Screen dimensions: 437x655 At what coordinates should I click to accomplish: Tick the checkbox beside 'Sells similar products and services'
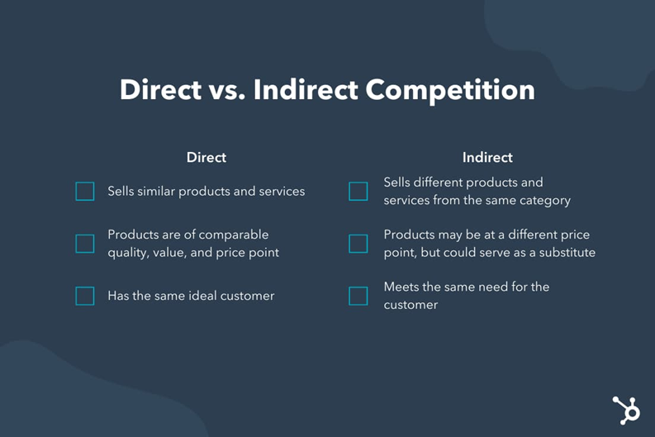[x=85, y=192]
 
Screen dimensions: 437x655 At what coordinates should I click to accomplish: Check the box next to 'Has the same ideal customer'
[x=85, y=296]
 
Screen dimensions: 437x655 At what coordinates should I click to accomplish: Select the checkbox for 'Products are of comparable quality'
[x=85, y=244]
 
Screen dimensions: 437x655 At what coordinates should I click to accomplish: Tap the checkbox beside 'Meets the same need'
[x=358, y=296]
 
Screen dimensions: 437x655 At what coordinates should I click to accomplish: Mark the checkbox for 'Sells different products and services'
[x=358, y=192]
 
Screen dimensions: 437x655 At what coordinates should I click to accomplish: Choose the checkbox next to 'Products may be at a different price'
[x=358, y=244]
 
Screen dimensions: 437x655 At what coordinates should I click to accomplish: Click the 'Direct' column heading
[x=206, y=157]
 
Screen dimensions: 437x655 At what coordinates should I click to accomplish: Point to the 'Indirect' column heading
[x=487, y=157]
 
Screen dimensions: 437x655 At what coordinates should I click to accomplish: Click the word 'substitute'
[x=566, y=253]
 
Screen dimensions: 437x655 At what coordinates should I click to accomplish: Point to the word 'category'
[x=543, y=200]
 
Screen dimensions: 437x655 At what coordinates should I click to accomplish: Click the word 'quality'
[x=128, y=253]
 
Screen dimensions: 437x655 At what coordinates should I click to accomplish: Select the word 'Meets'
[x=402, y=287]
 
